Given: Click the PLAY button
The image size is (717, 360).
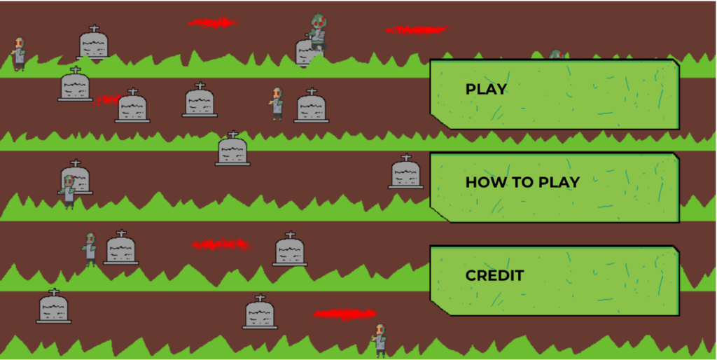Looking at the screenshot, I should point(554,94).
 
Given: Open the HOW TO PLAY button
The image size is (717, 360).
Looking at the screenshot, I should point(554,187).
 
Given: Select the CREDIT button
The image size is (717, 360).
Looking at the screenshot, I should point(554,279).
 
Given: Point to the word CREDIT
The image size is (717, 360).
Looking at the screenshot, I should point(494,275).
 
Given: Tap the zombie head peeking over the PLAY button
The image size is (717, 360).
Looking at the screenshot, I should point(556,55).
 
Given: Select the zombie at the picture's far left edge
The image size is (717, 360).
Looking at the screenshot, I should point(19,53).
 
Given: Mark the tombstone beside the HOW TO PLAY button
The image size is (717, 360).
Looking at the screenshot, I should point(406,173).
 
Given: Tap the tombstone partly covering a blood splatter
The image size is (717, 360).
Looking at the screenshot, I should point(132,107).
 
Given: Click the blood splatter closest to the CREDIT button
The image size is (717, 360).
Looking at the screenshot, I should point(344,314).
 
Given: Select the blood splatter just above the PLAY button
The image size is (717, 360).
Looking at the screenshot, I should point(416,29).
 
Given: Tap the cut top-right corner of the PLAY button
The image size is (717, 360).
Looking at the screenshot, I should point(675,64).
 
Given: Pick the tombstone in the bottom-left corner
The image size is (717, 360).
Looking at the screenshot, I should point(53,307).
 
